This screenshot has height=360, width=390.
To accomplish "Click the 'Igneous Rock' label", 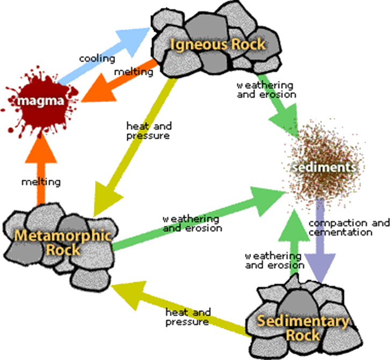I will [x=218, y=44].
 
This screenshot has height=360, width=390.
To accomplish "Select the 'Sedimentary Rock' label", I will [x=303, y=328].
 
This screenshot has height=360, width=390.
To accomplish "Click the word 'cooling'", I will [x=97, y=58].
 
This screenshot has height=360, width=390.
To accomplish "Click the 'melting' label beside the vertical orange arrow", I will [x=40, y=182].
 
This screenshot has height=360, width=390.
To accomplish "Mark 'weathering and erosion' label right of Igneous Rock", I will [x=266, y=90].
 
